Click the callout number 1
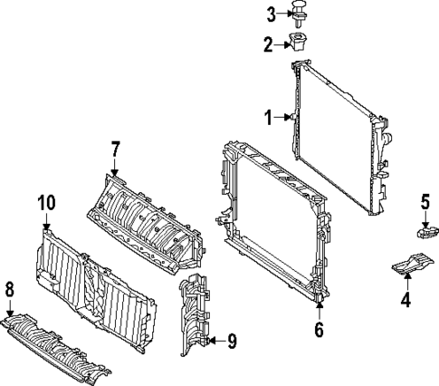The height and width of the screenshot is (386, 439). (x=269, y=116)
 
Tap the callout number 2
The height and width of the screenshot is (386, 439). (x=269, y=43)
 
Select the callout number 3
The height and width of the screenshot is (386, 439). (x=270, y=14)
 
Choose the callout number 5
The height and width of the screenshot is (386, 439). (x=425, y=201)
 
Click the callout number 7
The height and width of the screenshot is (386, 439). (x=115, y=147)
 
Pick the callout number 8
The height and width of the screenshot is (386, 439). (x=10, y=290)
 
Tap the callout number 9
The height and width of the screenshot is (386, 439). (x=232, y=341)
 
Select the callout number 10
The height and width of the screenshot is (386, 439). (x=46, y=204)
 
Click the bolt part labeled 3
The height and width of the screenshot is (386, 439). (x=297, y=13)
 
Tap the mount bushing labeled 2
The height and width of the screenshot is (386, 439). (x=298, y=42)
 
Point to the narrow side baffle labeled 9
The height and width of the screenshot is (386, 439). (x=196, y=317)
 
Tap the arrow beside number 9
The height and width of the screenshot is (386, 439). (x=214, y=341)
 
